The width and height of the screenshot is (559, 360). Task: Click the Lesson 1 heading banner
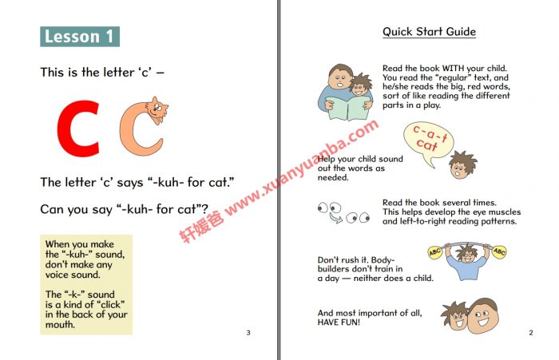80,37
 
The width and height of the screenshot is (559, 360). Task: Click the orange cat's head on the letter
157,109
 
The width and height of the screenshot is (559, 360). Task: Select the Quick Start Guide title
429,32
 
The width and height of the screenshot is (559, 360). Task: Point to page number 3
248,333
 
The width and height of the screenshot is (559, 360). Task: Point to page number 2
531,333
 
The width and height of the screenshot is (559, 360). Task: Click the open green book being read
348,108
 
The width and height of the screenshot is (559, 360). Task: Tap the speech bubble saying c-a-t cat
428,141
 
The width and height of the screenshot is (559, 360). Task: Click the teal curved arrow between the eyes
335,217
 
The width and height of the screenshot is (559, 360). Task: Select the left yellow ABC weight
435,252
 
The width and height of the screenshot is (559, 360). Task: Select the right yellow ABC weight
499,252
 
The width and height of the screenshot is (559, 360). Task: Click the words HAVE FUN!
339,322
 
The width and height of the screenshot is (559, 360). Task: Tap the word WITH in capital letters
453,69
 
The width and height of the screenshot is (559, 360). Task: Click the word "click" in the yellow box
111,305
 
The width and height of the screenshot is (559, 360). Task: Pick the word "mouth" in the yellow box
59,325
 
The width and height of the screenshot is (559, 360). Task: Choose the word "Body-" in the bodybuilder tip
383,260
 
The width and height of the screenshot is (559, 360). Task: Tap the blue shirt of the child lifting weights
466,267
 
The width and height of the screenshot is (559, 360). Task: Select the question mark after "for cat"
204,208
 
